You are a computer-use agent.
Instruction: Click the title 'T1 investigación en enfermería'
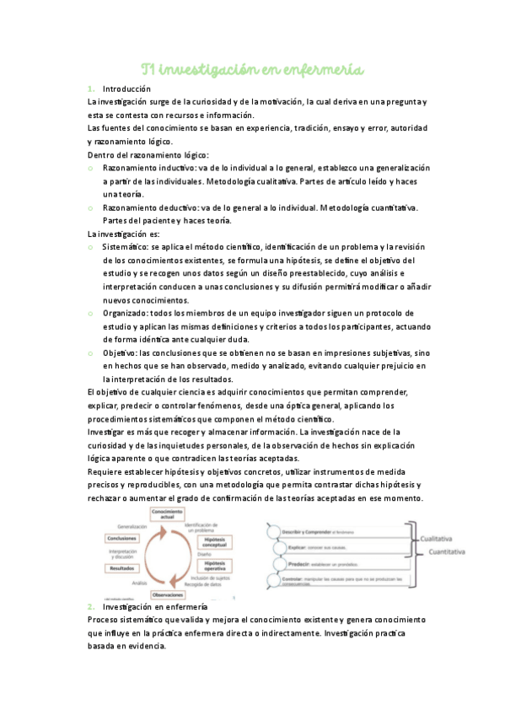(x=252, y=68)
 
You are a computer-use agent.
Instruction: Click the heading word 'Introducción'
(x=126, y=89)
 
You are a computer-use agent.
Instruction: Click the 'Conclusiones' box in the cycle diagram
(x=124, y=539)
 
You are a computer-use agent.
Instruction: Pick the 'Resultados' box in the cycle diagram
(x=123, y=568)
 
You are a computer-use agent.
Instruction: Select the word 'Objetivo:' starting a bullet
(x=121, y=352)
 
